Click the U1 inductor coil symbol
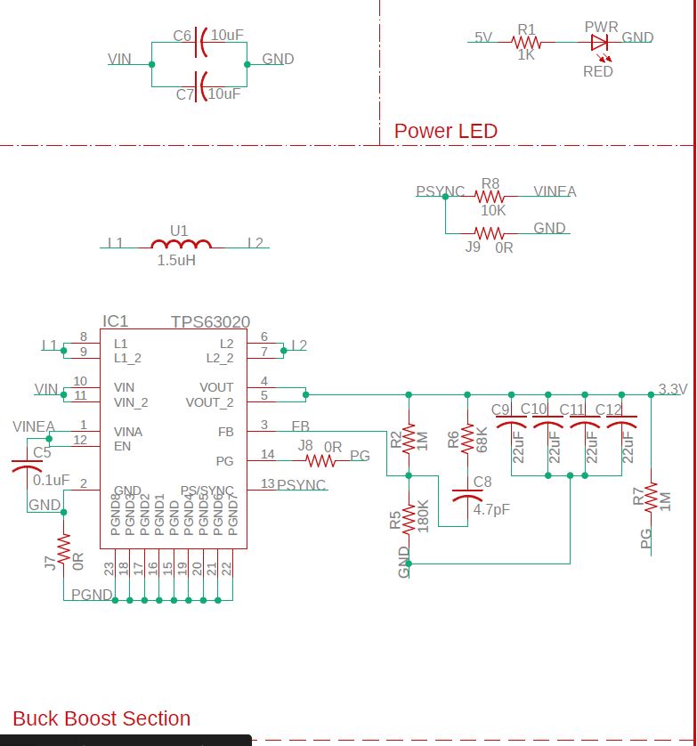coord(182,245)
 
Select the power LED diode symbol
coord(599,41)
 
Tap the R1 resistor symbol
coord(527,41)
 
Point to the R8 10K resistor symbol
coord(490,197)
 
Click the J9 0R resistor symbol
coord(490,233)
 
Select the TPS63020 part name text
coord(210,322)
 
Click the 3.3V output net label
coord(672,389)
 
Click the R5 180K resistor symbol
coord(409,518)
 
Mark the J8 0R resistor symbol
coord(320,460)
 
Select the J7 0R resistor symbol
coord(63,551)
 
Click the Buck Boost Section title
coord(101,718)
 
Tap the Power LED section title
coord(445,131)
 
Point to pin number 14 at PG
coord(267,455)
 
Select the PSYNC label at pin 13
coord(301,485)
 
